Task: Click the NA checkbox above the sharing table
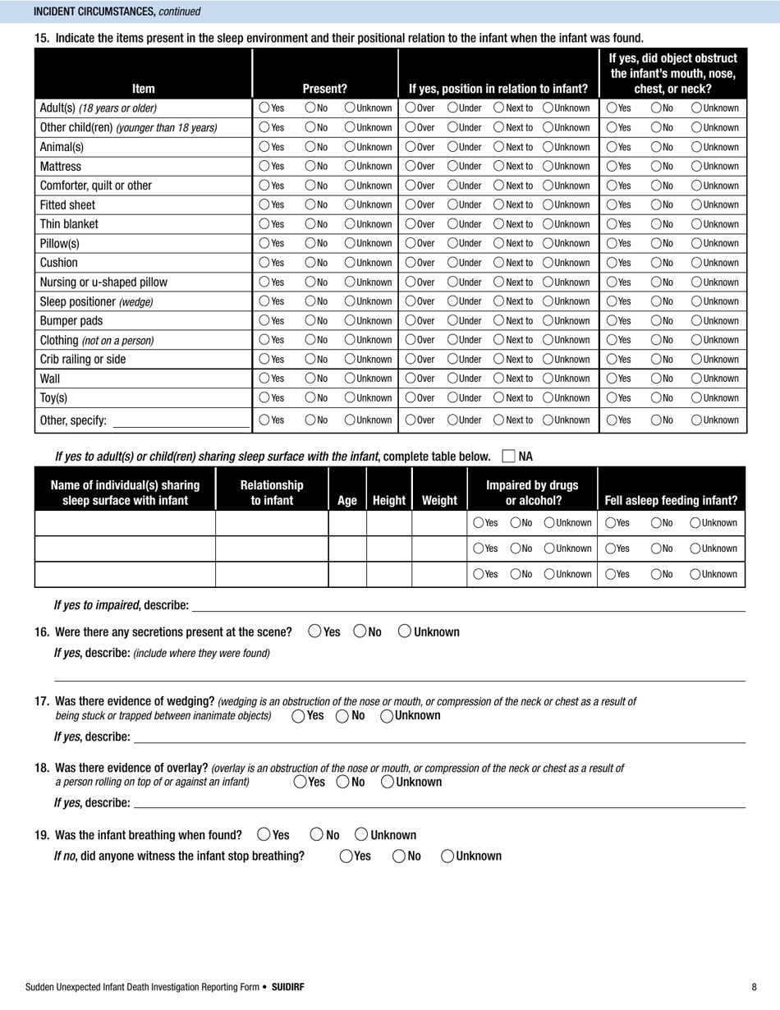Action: pyautogui.click(x=508, y=456)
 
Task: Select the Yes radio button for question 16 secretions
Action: pyautogui.click(x=315, y=631)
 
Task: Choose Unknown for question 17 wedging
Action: pyautogui.click(x=388, y=715)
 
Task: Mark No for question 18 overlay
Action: pyautogui.click(x=342, y=782)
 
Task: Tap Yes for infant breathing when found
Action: pyautogui.click(x=264, y=834)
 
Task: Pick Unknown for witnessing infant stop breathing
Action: pyautogui.click(x=447, y=856)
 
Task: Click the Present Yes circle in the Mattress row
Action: pyautogui.click(x=264, y=167)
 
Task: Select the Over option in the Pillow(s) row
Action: pyautogui.click(x=411, y=244)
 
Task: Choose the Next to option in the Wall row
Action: pyautogui.click(x=499, y=379)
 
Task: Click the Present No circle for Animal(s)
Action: pyautogui.click(x=310, y=147)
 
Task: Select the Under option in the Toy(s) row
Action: pyautogui.click(x=452, y=398)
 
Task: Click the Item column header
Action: pyautogui.click(x=144, y=89)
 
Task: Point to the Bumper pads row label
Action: pyautogui.click(x=71, y=320)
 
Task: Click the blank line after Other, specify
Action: pyautogui.click(x=181, y=422)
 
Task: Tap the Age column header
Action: pyautogui.click(x=347, y=500)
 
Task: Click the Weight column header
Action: pyautogui.click(x=439, y=500)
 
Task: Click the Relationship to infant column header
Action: pyautogui.click(x=272, y=493)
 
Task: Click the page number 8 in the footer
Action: pyautogui.click(x=754, y=987)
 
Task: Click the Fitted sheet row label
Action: pyautogui.click(x=67, y=205)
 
